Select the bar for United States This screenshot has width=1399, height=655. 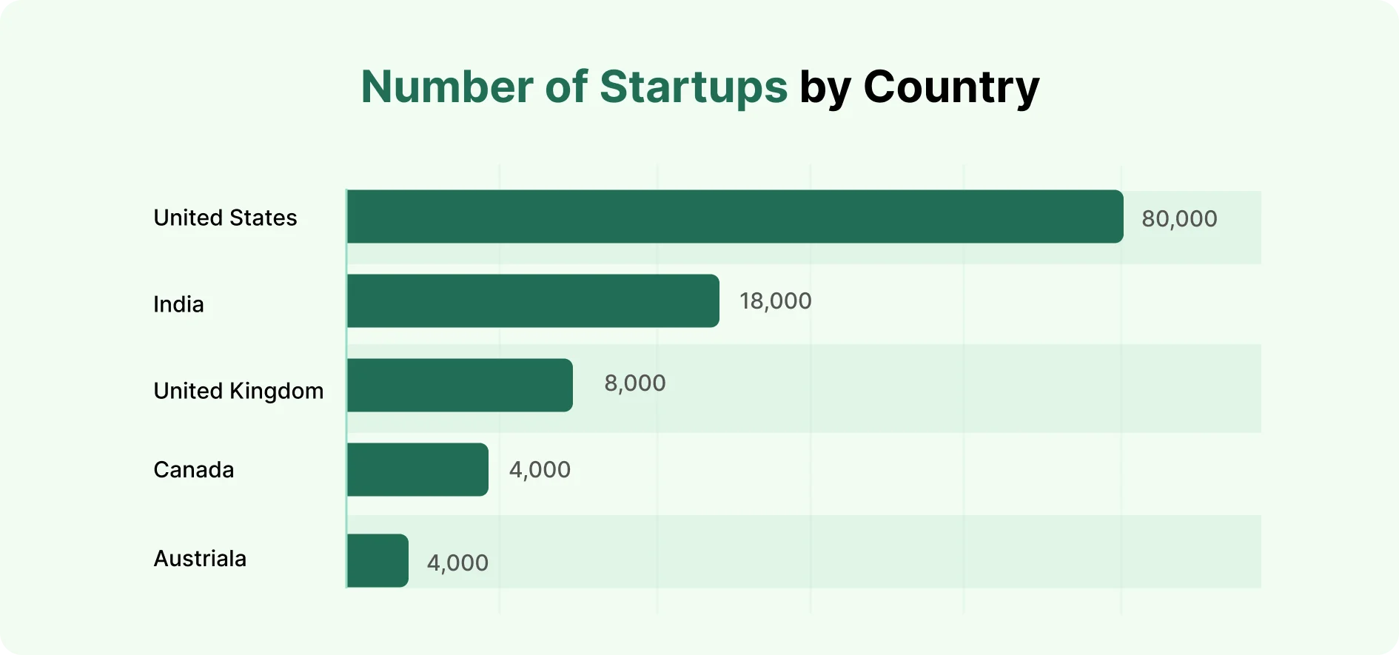[734, 217]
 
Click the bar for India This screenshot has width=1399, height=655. [533, 301]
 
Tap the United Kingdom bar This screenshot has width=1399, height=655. [459, 386]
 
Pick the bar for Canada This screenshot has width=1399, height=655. [417, 470]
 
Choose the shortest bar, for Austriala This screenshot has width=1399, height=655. [378, 561]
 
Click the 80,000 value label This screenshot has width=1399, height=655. [1178, 219]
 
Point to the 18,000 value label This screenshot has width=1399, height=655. [775, 301]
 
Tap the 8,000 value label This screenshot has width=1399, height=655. [634, 383]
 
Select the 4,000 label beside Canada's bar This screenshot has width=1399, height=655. [540, 470]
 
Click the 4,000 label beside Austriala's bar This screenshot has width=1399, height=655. [457, 563]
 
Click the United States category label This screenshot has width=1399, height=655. [225, 218]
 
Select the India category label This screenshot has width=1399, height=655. [178, 304]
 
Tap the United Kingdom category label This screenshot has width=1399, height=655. [238, 391]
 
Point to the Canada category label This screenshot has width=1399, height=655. [193, 470]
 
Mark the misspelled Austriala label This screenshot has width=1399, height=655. [200, 559]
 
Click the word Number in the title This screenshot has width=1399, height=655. [447, 87]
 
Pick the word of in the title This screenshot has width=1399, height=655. [566, 87]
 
